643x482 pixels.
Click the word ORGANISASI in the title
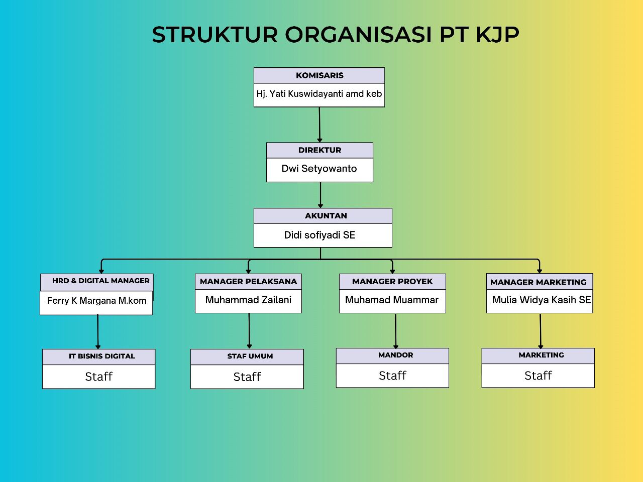pyautogui.click(x=358, y=35)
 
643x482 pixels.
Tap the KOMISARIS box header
pyautogui.click(x=319, y=75)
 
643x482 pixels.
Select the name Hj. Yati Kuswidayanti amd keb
pyautogui.click(x=319, y=94)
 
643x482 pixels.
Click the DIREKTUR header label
pyautogui.click(x=319, y=150)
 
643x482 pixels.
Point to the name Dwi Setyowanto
pyautogui.click(x=319, y=169)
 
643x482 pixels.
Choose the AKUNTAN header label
pyautogui.click(x=326, y=216)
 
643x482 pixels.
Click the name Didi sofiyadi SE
pyautogui.click(x=319, y=235)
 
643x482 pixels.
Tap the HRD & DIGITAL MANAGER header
pyautogui.click(x=101, y=281)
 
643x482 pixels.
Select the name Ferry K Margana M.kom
pyautogui.click(x=96, y=301)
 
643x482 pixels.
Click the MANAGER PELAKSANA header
pyautogui.click(x=249, y=282)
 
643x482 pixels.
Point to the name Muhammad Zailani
pyautogui.click(x=249, y=300)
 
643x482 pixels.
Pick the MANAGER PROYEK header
pyautogui.click(x=392, y=282)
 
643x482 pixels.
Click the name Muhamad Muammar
pyautogui.click(x=392, y=300)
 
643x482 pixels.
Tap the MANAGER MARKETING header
pyautogui.click(x=539, y=282)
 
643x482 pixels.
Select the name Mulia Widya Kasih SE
pyautogui.click(x=542, y=300)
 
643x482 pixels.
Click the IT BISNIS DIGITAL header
pyautogui.click(x=102, y=356)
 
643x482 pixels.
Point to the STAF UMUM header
pyautogui.click(x=250, y=356)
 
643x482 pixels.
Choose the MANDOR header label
pyautogui.click(x=395, y=355)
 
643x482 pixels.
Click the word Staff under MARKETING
pyautogui.click(x=538, y=376)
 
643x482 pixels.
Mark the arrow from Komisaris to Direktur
pyautogui.click(x=319, y=125)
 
